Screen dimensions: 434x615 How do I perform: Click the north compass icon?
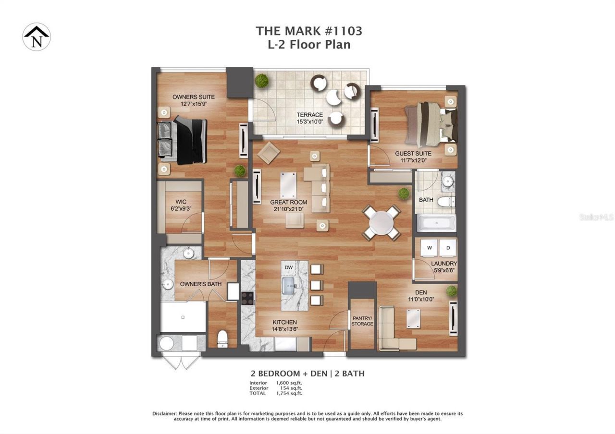[x=37, y=36]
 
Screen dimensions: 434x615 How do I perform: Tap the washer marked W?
[x=429, y=247]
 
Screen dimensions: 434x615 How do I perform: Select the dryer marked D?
[x=448, y=247]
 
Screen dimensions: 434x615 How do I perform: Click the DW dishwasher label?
[x=289, y=267]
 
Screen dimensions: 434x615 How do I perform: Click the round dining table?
[x=381, y=223]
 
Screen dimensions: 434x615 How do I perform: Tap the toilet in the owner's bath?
[x=222, y=338]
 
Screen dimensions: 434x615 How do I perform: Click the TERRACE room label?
[x=309, y=115]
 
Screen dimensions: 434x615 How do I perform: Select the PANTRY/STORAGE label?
[x=362, y=321]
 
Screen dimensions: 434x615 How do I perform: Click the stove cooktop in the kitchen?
[x=247, y=299]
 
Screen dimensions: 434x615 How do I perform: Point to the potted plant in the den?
[x=451, y=291]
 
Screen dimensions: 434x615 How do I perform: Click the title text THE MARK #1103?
[x=309, y=31]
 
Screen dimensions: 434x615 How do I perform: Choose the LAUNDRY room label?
[x=443, y=264]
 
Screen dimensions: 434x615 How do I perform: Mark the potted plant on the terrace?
[x=261, y=81]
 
